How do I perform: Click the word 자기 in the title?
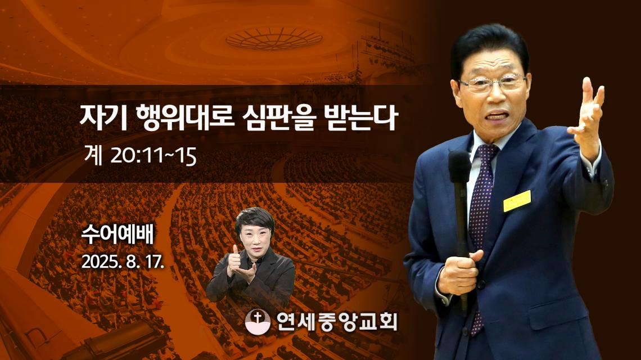(x=103, y=118)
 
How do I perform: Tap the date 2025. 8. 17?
(x=123, y=262)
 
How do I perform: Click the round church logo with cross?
(x=258, y=322)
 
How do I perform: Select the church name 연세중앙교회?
(x=336, y=322)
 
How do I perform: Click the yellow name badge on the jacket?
(x=517, y=201)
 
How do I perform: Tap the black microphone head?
(x=459, y=167)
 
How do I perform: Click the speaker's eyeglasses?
(x=493, y=83)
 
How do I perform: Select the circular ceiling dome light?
(x=274, y=38)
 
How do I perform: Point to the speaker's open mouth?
(x=498, y=116)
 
